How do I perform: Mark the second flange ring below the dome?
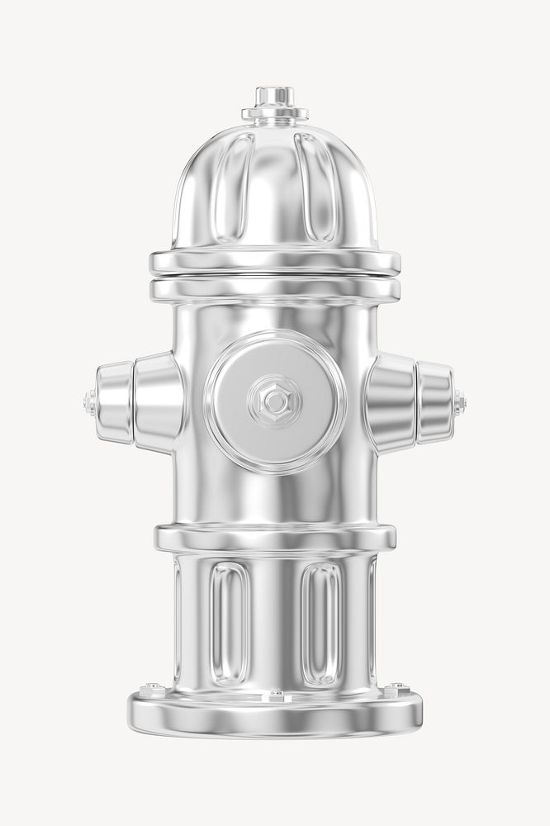click(275, 290)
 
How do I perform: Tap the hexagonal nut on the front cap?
click(275, 401)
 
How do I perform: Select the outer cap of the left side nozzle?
click(113, 402)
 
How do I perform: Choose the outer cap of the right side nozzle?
click(435, 402)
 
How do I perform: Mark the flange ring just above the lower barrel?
click(275, 538)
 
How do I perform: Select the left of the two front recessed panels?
click(229, 623)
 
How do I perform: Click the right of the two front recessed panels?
click(321, 623)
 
